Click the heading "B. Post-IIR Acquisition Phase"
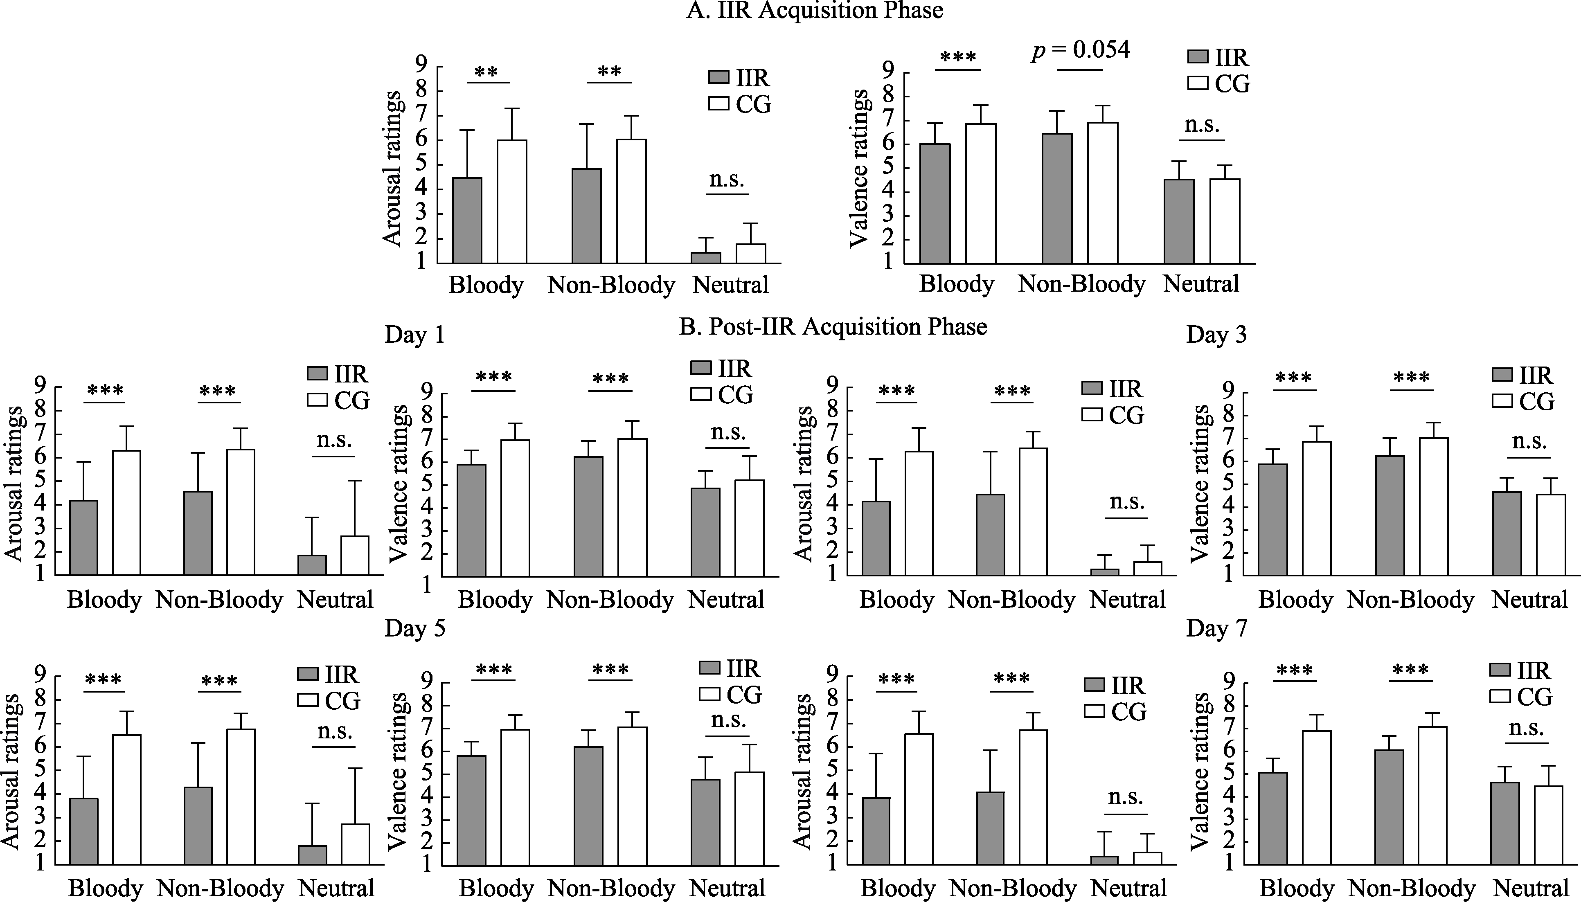pyautogui.click(x=833, y=326)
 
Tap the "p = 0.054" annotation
pyautogui.click(x=1081, y=49)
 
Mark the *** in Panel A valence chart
pyautogui.click(x=958, y=58)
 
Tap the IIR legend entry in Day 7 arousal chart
pyautogui.click(x=1115, y=685)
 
